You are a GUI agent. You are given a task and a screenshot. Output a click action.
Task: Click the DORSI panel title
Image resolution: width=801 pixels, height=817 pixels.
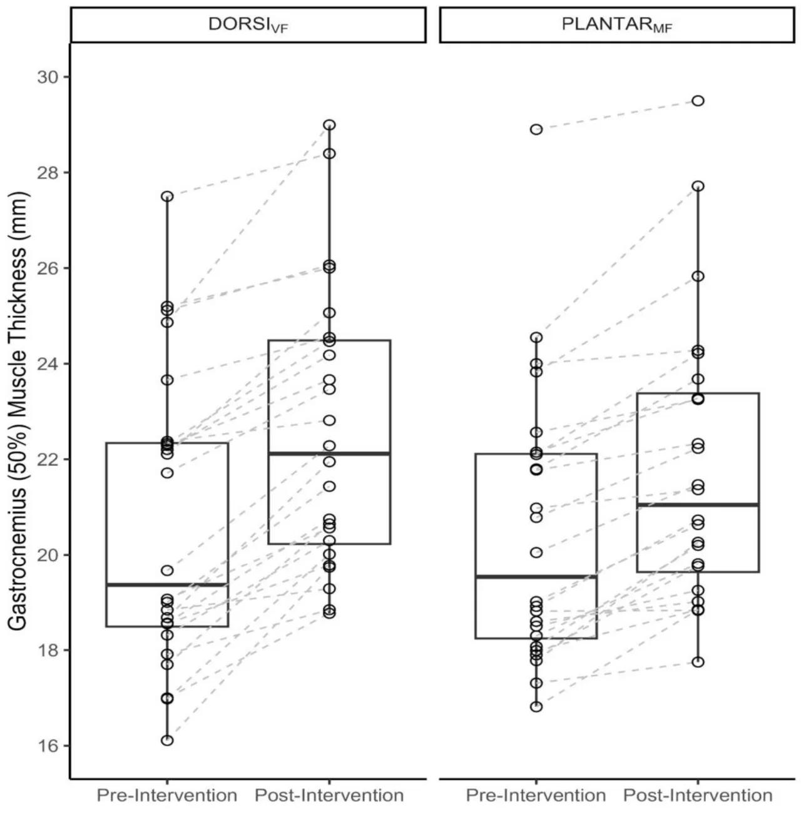(248, 25)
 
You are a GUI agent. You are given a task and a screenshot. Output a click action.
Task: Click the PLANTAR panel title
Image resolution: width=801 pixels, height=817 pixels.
(617, 25)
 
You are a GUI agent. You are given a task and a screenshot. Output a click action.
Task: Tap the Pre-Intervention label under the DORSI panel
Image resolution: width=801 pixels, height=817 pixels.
(166, 795)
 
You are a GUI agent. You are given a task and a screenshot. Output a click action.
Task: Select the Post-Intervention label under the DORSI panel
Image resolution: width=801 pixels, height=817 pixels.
(329, 795)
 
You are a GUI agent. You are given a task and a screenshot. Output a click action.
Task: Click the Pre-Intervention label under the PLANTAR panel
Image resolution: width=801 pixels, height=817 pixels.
(536, 795)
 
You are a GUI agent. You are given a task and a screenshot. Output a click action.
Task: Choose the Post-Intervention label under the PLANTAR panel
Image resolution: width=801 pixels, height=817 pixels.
(698, 795)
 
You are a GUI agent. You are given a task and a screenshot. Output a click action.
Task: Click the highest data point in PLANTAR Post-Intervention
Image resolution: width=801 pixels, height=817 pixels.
(698, 101)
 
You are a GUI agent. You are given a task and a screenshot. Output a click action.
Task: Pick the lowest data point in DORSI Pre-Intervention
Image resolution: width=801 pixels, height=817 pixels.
(167, 741)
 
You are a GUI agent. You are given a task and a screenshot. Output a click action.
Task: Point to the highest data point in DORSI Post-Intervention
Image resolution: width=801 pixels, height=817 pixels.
(330, 125)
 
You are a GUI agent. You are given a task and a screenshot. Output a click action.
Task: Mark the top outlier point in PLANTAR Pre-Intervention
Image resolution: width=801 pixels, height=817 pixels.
(536, 129)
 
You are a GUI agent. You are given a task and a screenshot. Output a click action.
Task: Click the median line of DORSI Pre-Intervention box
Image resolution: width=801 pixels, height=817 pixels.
(167, 585)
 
